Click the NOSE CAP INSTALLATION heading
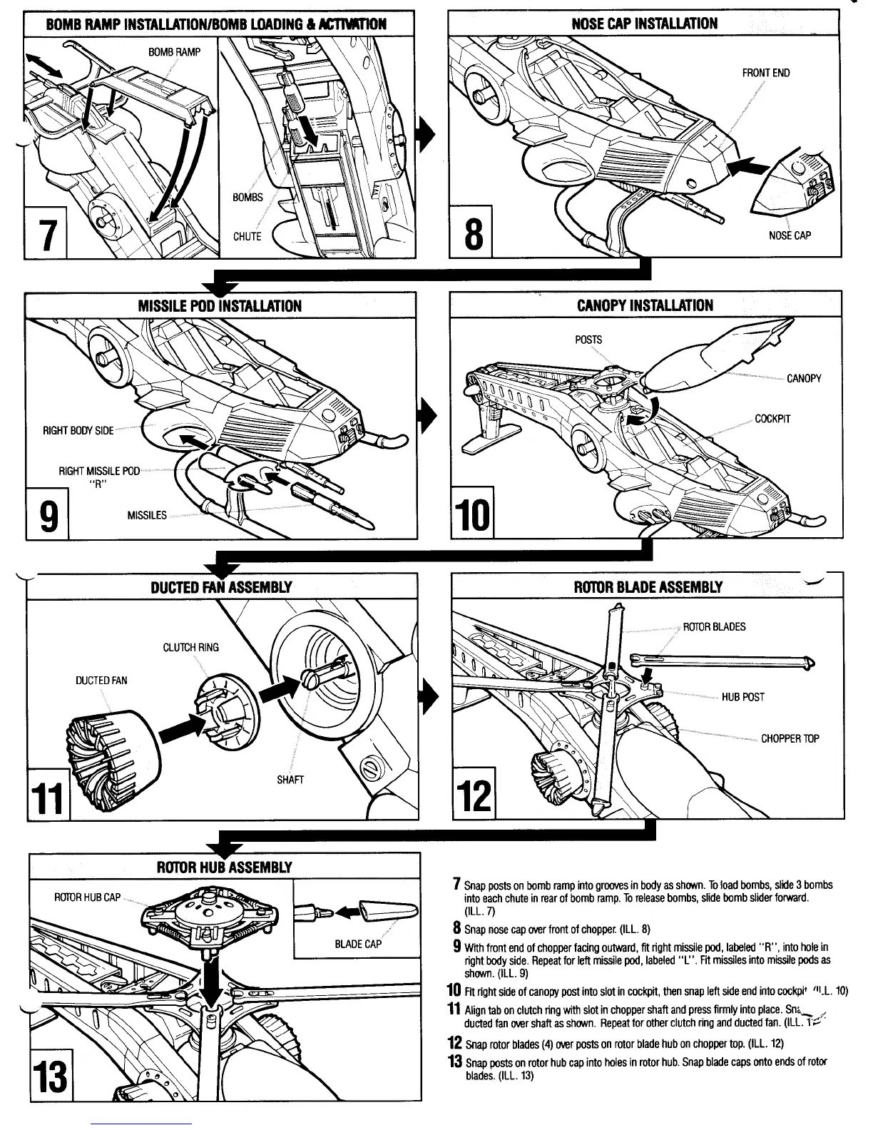pyautogui.click(x=644, y=23)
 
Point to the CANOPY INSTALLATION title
pyautogui.click(x=645, y=305)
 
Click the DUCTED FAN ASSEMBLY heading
pyautogui.click(x=221, y=588)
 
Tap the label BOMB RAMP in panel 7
pyautogui.click(x=175, y=52)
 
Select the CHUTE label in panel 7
pyautogui.click(x=247, y=237)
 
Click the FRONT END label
pyautogui.click(x=765, y=73)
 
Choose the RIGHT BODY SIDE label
pyautogui.click(x=78, y=431)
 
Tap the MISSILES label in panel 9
pyautogui.click(x=147, y=515)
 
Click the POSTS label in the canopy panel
pyautogui.click(x=588, y=340)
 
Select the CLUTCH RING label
pyautogui.click(x=191, y=648)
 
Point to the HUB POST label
pyautogui.click(x=742, y=697)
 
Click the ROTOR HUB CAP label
pyautogui.click(x=88, y=897)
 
